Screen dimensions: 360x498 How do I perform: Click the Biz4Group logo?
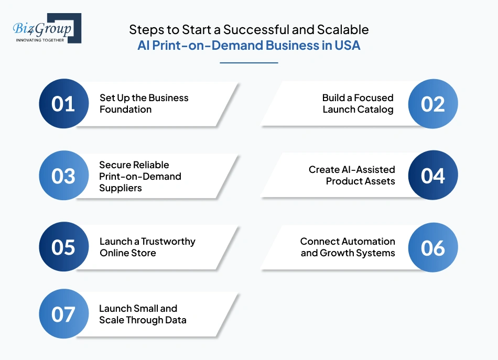47,28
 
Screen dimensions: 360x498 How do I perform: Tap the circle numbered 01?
63,104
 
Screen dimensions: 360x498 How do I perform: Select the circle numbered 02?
432,104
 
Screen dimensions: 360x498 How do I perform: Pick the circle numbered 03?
63,176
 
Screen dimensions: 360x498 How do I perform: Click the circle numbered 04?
432,176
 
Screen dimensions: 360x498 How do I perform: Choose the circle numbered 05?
63,247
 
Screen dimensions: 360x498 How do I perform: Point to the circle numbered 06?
432,247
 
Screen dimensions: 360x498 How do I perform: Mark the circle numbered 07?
63,314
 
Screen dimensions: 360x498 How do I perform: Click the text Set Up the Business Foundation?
144,104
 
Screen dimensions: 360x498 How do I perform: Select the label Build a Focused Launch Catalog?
358,104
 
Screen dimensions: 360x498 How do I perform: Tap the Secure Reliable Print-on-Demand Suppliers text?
140,176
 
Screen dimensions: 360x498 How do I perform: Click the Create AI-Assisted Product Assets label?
352,176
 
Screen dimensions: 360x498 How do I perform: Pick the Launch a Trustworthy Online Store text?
147,247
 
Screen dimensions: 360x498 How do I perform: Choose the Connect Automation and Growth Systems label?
348,247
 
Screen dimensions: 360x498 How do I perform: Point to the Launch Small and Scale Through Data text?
143,314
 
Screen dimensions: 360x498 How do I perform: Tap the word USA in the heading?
347,45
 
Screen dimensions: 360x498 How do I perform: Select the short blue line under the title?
248,63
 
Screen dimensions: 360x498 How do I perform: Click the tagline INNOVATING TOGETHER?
40,40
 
